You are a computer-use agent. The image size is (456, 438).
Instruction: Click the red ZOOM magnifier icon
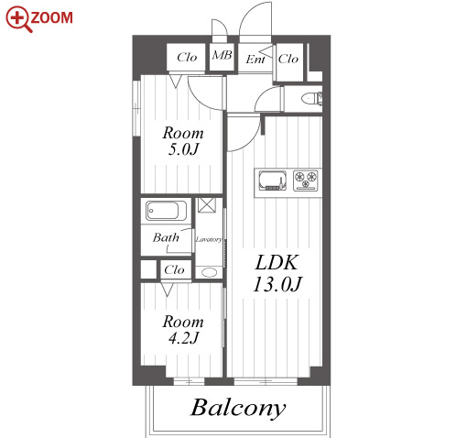[x=18, y=19]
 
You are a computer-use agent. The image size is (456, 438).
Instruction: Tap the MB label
[x=222, y=55]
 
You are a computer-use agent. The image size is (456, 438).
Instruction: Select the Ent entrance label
[x=255, y=59]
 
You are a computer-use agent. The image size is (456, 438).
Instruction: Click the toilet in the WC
[x=311, y=99]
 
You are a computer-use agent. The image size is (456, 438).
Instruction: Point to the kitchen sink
[x=273, y=180]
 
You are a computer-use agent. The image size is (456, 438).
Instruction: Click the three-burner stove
[x=306, y=181]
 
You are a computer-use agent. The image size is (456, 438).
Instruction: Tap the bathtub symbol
[x=166, y=211]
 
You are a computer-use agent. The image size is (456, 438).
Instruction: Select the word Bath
[x=166, y=237]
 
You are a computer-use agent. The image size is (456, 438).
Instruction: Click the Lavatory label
[x=209, y=239]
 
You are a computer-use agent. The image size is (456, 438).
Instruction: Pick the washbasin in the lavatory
[x=209, y=272]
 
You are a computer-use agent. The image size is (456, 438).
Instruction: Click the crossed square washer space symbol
[x=207, y=205]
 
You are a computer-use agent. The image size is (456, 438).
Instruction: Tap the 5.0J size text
[x=183, y=149]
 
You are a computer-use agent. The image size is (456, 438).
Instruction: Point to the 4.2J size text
[x=183, y=338]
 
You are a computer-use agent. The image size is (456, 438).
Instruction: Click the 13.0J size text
[x=277, y=284]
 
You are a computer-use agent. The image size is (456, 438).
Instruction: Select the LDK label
[x=277, y=262]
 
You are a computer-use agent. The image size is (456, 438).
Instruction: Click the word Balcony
[x=238, y=409]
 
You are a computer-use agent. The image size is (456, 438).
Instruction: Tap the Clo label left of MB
[x=187, y=57]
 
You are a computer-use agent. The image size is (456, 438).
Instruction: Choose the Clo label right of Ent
[x=288, y=59]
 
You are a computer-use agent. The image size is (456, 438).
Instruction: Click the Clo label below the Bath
[x=174, y=269]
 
